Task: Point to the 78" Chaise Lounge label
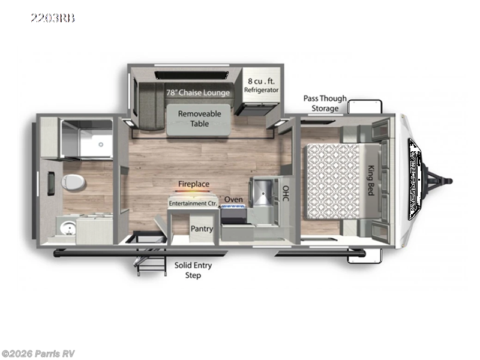tap(197, 92)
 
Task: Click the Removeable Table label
tap(200, 118)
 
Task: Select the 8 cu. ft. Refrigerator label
tap(261, 85)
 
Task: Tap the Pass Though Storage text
tap(325, 103)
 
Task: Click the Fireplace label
tap(193, 185)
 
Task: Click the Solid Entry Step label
tap(193, 270)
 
